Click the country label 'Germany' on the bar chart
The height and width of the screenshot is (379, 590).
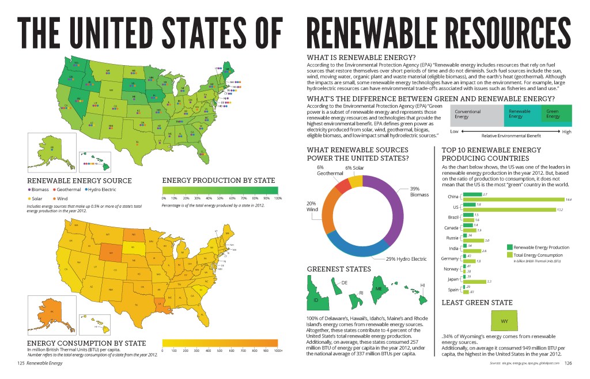448,258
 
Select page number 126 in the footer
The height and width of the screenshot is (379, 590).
567,363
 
